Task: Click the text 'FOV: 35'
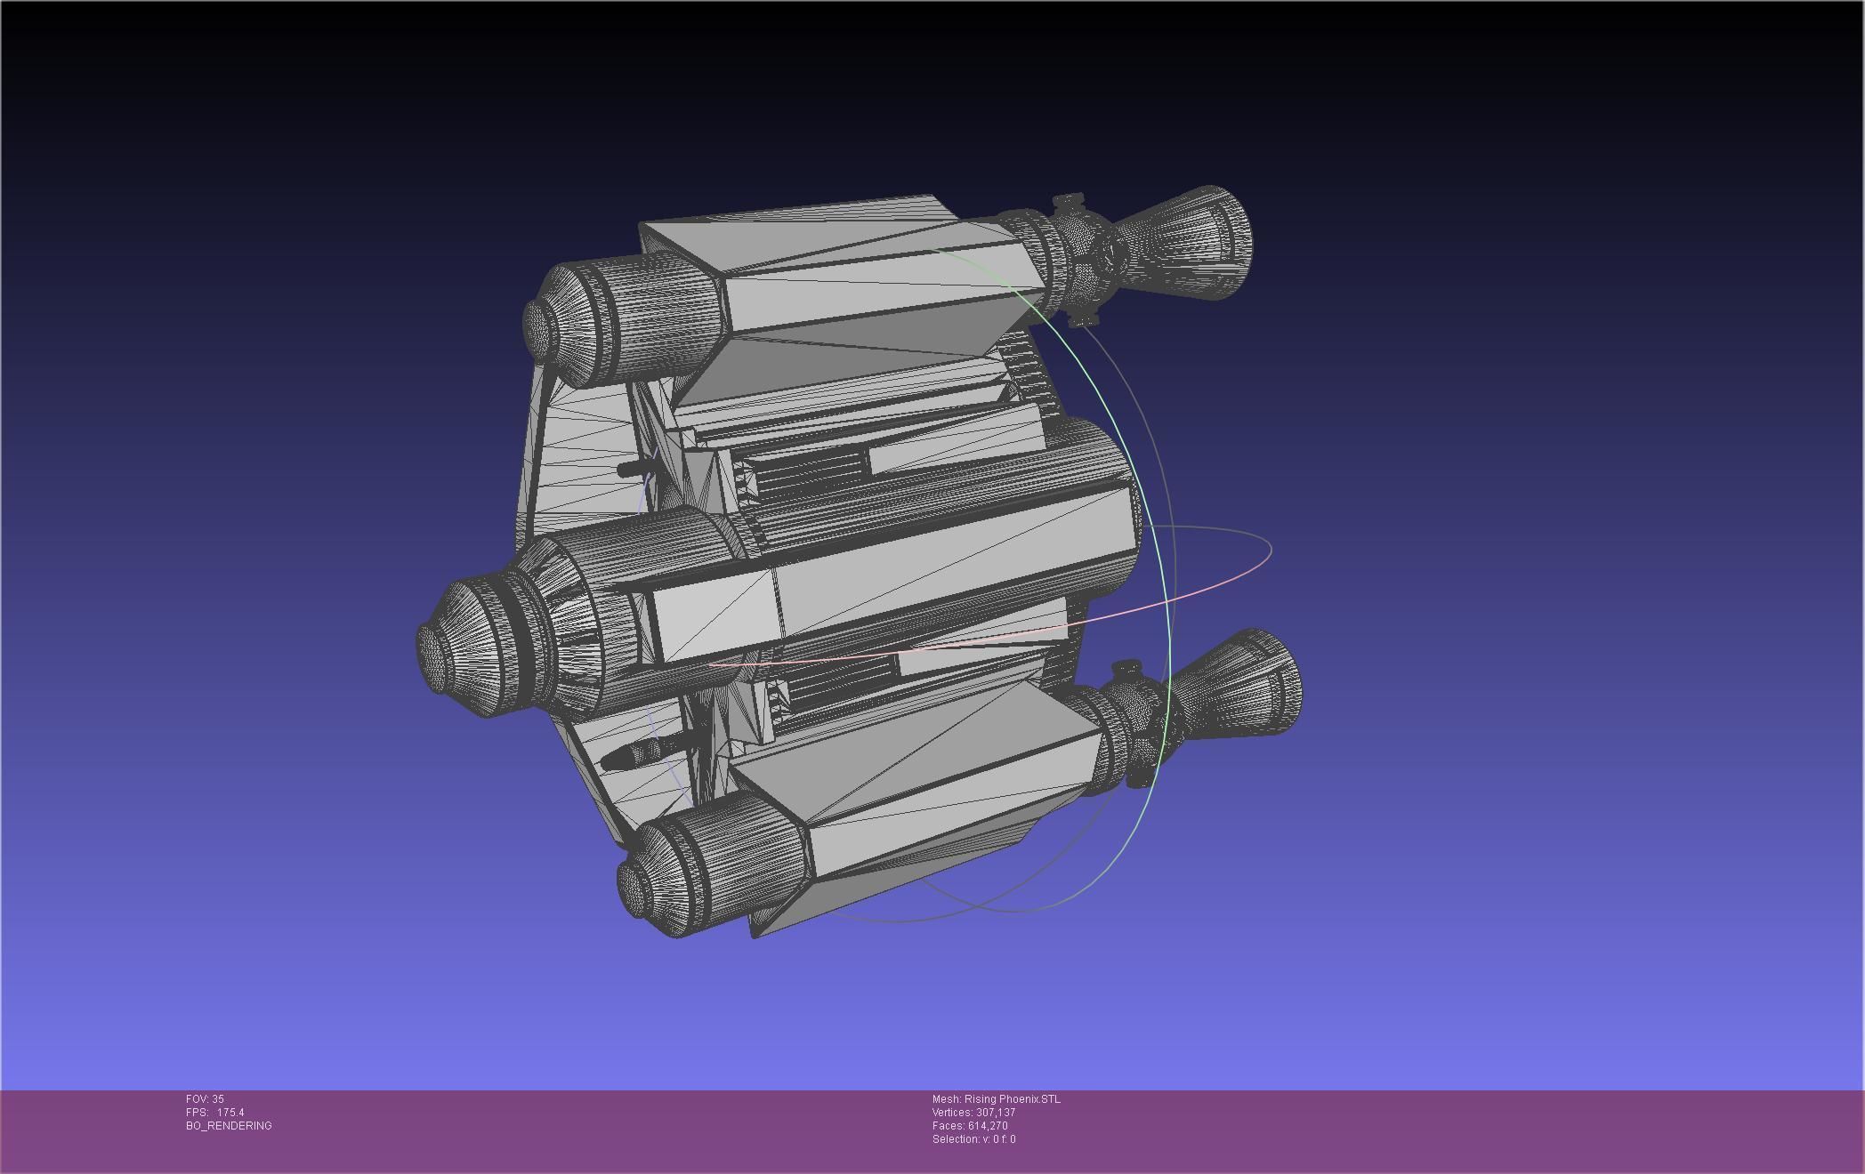[x=205, y=1099]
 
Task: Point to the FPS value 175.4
[x=230, y=1113]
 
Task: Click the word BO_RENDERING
[x=229, y=1126]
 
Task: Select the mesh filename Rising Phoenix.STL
[x=1012, y=1099]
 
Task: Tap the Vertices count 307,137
[x=995, y=1113]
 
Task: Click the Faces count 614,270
[x=988, y=1126]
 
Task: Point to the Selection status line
[x=973, y=1139]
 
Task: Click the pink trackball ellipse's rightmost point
[x=1271, y=551]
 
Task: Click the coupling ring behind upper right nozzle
[x=1072, y=258]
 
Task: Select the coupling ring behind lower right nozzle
[x=1130, y=725]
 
